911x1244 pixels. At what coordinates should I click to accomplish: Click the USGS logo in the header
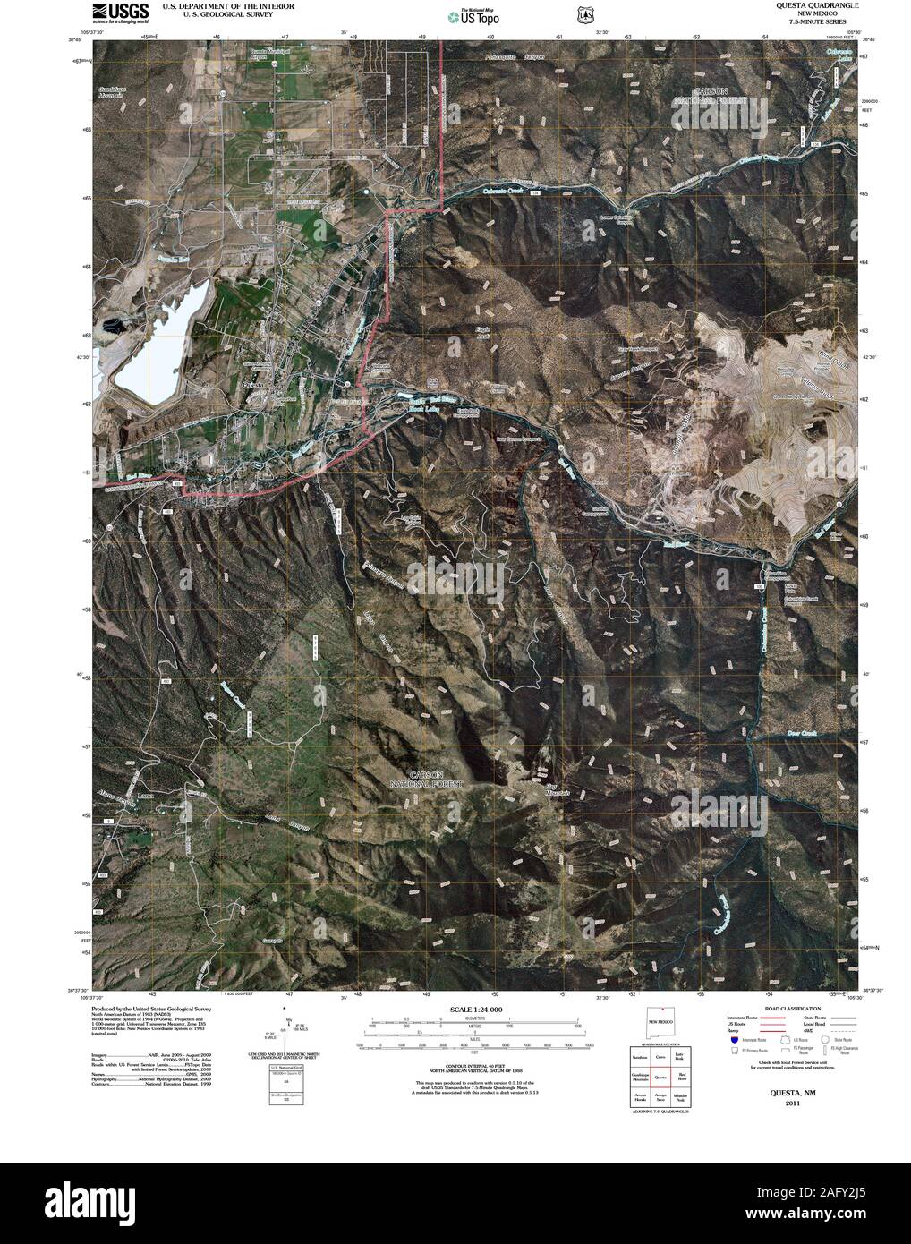coord(122,12)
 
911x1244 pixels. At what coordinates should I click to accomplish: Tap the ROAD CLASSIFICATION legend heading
coord(775,1009)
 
